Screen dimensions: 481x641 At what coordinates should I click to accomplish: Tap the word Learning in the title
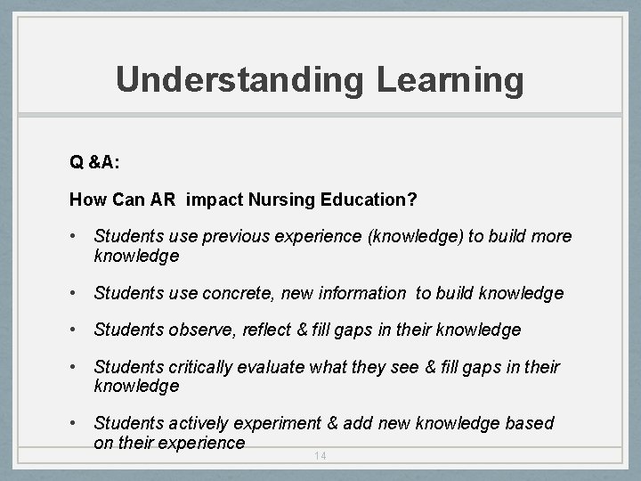[x=450, y=80]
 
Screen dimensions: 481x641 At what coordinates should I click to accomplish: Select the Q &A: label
[x=95, y=162]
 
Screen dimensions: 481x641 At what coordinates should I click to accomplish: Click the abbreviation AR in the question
[x=164, y=200]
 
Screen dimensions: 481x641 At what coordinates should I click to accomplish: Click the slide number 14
[x=320, y=456]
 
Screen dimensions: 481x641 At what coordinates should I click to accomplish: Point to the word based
[x=531, y=423]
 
